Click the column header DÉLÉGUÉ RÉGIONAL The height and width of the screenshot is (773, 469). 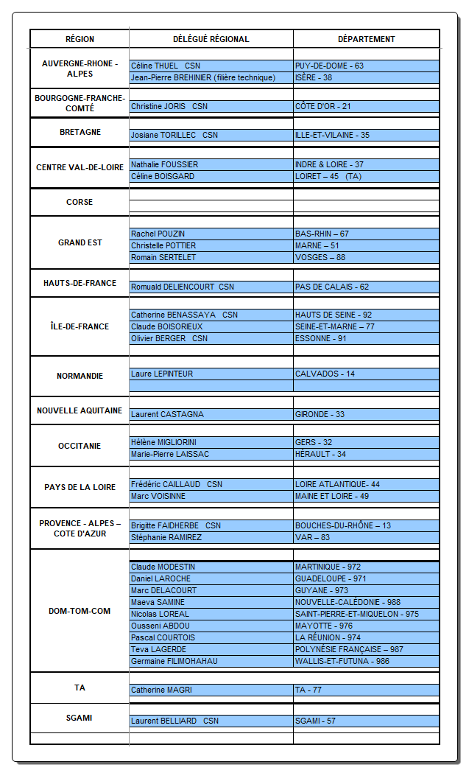(211, 39)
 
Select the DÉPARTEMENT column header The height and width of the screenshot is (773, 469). (366, 39)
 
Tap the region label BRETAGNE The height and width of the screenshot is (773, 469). (80, 133)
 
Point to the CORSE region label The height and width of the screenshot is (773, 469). (80, 202)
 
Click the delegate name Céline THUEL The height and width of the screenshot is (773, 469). (155, 66)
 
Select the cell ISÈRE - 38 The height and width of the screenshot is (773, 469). (314, 77)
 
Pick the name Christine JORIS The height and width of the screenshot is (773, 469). (158, 106)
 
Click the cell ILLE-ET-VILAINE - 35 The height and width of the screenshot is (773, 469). (332, 135)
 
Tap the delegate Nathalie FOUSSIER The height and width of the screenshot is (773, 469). (164, 164)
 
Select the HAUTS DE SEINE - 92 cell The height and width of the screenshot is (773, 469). (333, 315)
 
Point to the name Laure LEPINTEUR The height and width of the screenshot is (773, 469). (162, 374)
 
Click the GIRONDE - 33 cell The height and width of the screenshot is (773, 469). (320, 414)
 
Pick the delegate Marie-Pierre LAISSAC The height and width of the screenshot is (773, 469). (169, 454)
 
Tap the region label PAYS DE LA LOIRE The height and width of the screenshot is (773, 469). (80, 487)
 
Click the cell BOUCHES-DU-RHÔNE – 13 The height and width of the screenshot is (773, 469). (342, 525)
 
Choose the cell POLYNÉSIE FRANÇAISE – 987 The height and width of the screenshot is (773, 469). (349, 649)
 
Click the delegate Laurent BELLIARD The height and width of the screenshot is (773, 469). (163, 721)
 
